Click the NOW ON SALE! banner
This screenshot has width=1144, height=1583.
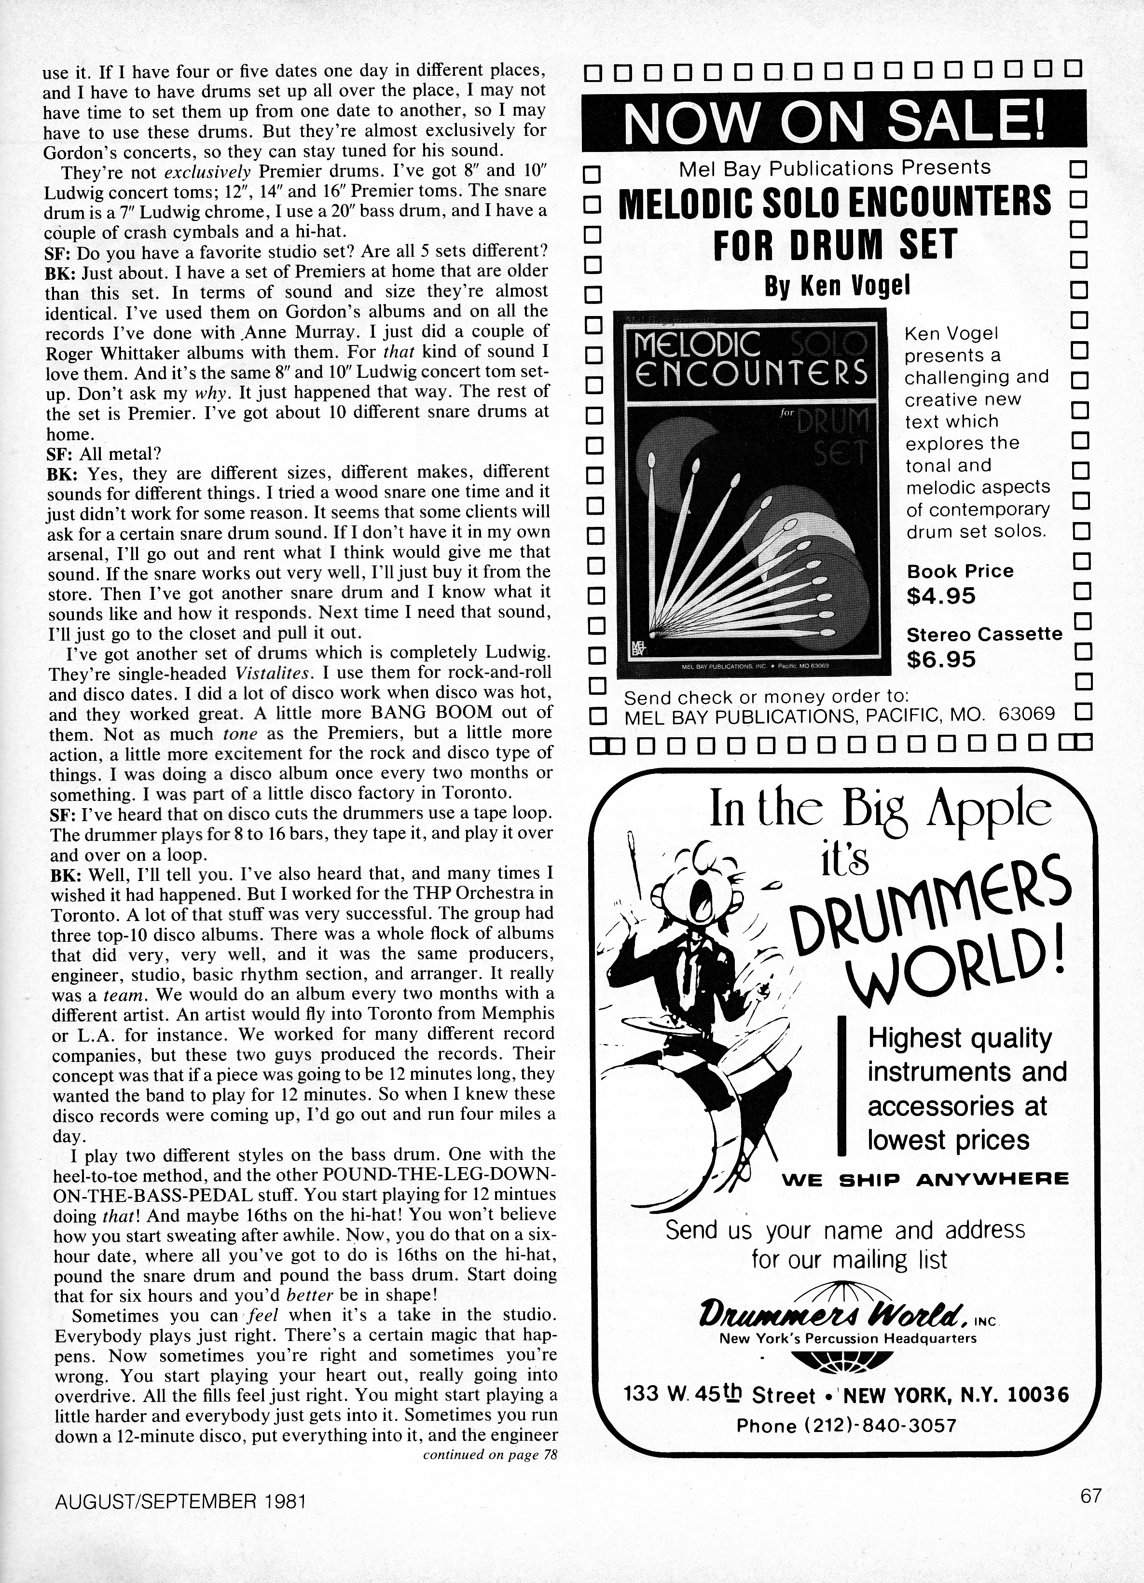click(x=833, y=121)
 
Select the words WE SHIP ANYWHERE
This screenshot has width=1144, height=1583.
click(x=925, y=1180)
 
